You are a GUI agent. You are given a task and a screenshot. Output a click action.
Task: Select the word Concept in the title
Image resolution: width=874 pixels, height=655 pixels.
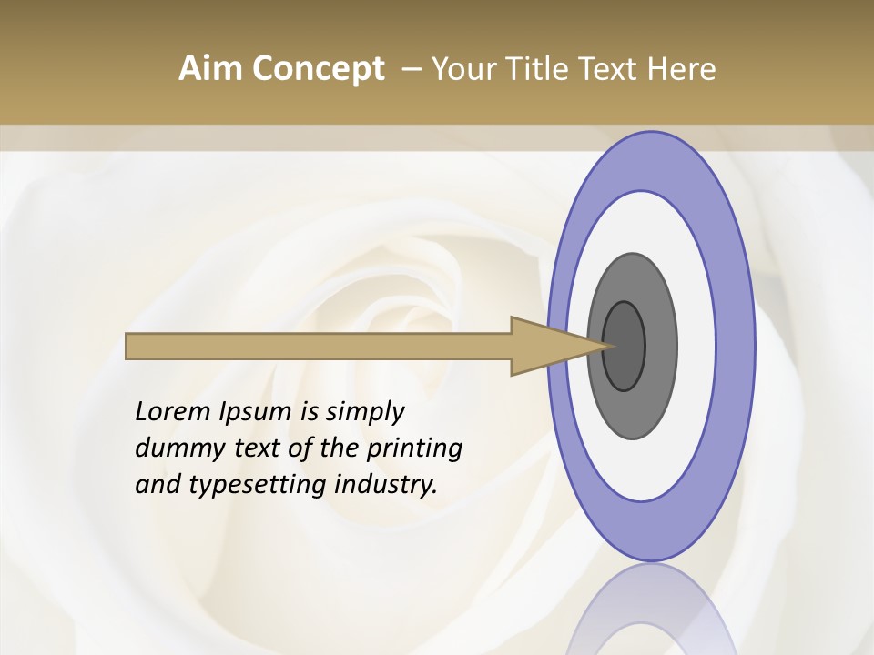click(x=318, y=69)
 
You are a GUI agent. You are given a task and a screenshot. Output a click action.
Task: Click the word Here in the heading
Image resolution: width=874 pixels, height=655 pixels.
click(x=682, y=69)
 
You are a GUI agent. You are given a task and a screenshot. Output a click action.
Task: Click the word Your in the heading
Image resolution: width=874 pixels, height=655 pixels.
click(x=460, y=69)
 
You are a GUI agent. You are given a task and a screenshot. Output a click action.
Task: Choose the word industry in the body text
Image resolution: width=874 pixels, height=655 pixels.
click(x=386, y=486)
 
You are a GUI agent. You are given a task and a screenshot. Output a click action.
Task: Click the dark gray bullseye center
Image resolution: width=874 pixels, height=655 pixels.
click(x=625, y=347)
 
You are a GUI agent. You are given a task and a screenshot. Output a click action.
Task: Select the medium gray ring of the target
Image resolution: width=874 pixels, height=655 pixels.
click(x=659, y=347)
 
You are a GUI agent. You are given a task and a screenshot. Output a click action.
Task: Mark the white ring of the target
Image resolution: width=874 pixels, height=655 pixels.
click(x=696, y=347)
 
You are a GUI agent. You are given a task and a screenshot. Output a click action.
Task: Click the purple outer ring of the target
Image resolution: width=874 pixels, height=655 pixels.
click(x=737, y=347)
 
